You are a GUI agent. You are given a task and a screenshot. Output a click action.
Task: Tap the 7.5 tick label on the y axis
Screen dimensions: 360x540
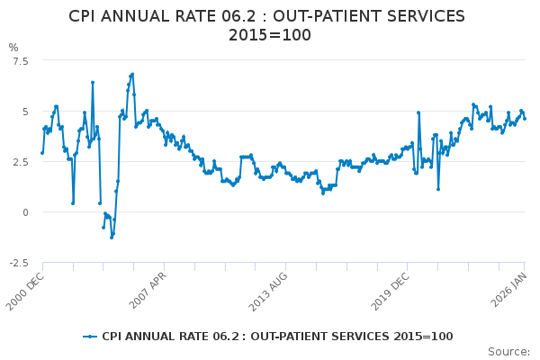pos(19,60)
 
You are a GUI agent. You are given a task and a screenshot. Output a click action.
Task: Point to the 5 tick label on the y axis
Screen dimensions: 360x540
pos(25,112)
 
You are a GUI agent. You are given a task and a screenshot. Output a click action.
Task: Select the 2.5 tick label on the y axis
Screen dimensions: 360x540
pos(19,162)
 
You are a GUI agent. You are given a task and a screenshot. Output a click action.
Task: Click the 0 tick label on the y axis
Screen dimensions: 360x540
pos(25,212)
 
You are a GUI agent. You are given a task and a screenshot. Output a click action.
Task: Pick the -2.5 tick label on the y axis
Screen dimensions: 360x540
pos(17,263)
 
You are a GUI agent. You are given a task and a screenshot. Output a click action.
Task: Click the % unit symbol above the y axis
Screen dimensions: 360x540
pos(13,47)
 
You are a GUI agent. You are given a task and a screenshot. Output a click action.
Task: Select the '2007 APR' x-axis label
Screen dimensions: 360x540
pos(148,290)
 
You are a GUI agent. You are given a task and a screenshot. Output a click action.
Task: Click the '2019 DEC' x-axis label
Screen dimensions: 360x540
pos(391,290)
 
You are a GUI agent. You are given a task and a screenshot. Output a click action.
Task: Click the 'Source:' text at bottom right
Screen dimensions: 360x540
pos(508,352)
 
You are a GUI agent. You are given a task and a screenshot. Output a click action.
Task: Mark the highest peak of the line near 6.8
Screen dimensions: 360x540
pos(132,74)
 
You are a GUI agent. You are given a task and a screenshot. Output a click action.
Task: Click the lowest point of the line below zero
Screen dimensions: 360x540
pos(112,237)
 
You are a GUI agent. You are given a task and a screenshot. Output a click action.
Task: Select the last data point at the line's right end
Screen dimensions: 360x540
pos(525,118)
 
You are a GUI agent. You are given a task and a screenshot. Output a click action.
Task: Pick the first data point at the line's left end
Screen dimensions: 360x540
pos(42,152)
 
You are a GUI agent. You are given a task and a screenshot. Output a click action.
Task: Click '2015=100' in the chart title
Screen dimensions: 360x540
pos(269,36)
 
